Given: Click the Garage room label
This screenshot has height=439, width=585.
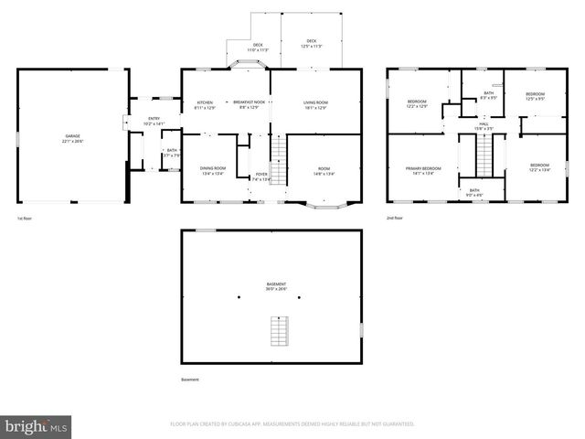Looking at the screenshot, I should [x=72, y=139].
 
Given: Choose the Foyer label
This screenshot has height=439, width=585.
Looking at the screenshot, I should [x=261, y=177].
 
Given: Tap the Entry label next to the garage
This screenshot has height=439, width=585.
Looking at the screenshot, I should [x=154, y=121].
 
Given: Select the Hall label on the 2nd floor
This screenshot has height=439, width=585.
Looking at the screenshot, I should [x=484, y=125].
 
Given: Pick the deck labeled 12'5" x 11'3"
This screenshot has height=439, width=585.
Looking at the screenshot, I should [x=312, y=43].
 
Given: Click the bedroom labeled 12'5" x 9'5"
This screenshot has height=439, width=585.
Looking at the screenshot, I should [x=535, y=96].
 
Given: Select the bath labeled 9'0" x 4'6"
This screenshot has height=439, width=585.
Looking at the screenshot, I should [x=473, y=192].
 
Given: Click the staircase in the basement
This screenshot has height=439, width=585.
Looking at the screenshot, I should [x=277, y=330].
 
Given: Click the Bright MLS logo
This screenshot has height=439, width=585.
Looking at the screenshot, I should [x=35, y=426].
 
